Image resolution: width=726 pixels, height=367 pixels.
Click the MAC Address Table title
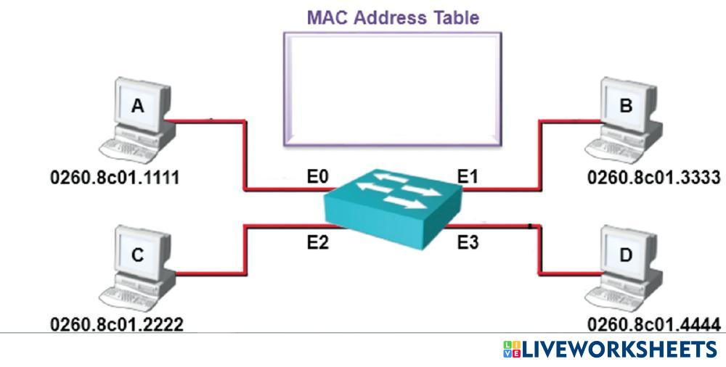(x=393, y=17)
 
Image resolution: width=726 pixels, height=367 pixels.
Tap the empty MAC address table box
(x=392, y=87)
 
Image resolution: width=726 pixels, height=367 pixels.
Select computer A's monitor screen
(x=137, y=106)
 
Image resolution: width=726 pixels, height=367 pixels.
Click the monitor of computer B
(x=626, y=106)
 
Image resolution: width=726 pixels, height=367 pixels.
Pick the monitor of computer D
(x=626, y=256)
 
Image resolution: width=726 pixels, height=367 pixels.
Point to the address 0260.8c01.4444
(x=653, y=324)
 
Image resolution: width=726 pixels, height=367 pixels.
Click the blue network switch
(x=393, y=202)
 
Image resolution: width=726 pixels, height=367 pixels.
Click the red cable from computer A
(x=244, y=156)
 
